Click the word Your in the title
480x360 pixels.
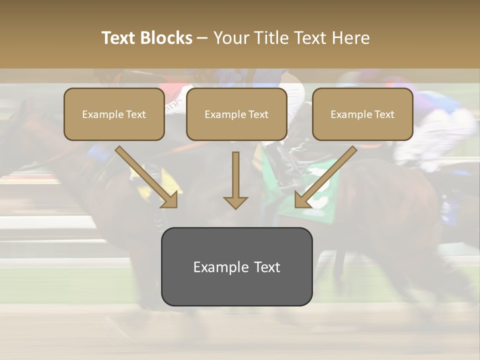(x=230, y=38)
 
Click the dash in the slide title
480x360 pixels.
(x=202, y=38)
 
